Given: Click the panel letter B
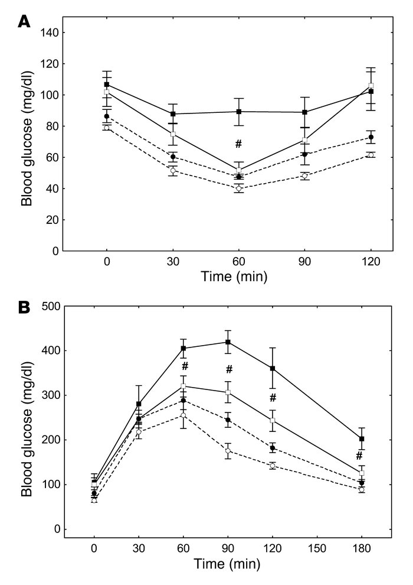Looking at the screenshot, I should pyautogui.click(x=25, y=307).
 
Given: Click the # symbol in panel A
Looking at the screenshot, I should pyautogui.click(x=238, y=144).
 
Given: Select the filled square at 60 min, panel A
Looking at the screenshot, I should pyautogui.click(x=238, y=112).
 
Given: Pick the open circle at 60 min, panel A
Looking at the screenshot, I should pyautogui.click(x=238, y=188).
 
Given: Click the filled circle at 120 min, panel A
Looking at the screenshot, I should pyautogui.click(x=371, y=137).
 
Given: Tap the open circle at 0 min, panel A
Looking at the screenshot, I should pyautogui.click(x=107, y=128).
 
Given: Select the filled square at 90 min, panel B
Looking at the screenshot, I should pyautogui.click(x=229, y=342).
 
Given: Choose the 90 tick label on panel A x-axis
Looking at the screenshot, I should pyautogui.click(x=304, y=262).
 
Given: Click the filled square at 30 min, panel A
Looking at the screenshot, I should pyautogui.click(x=173, y=114).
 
